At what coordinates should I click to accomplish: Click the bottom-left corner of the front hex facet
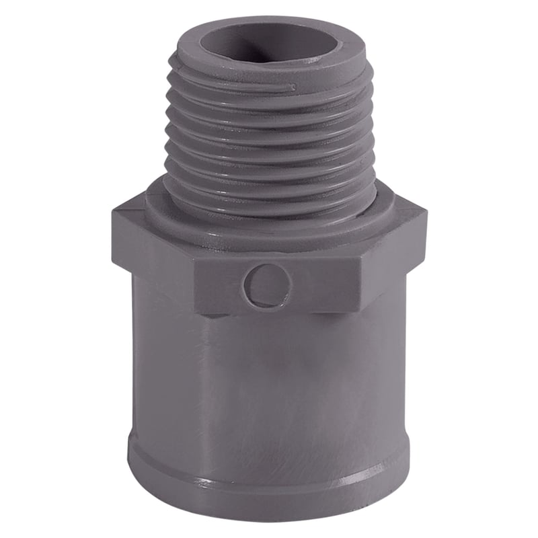click(196, 311)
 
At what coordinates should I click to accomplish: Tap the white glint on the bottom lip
click(202, 482)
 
